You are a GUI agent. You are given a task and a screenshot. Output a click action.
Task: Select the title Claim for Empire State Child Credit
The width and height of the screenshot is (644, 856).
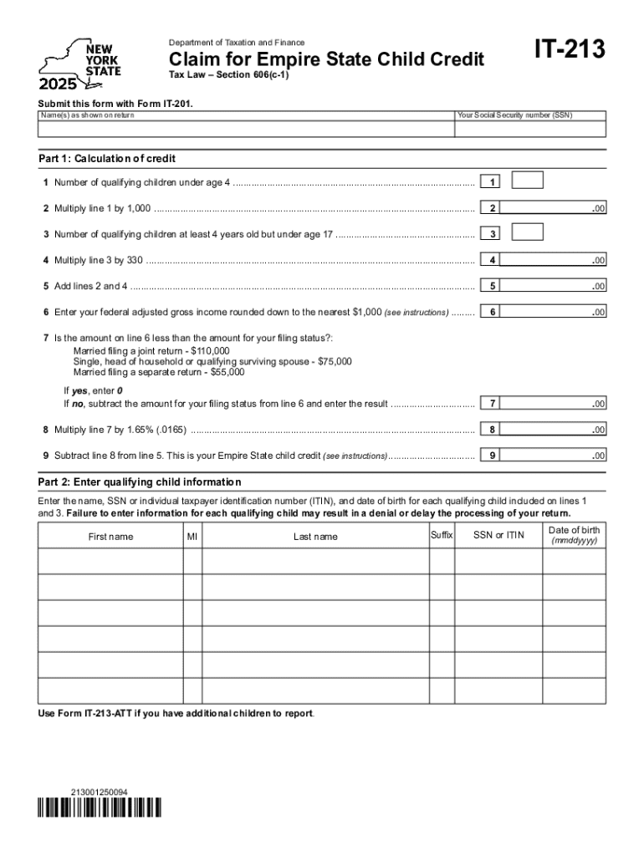tap(326, 59)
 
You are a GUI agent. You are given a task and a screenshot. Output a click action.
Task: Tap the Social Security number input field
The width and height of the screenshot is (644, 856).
tap(530, 130)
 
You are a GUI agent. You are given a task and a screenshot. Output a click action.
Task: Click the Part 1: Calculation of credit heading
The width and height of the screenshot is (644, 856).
tap(107, 159)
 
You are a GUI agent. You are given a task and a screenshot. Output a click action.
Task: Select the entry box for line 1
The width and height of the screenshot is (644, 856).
tap(527, 181)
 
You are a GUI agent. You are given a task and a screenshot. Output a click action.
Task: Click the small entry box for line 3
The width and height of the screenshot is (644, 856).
tap(527, 232)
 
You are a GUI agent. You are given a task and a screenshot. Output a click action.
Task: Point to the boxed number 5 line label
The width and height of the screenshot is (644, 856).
tap(493, 286)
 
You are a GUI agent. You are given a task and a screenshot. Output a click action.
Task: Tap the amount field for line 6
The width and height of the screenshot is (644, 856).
tap(556, 312)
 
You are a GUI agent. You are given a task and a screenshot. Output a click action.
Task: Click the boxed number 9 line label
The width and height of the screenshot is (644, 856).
tap(493, 456)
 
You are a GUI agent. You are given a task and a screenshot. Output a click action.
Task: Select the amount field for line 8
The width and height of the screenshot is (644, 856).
tap(556, 430)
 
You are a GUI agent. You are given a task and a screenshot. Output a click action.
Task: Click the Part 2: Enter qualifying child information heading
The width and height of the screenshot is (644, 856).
tap(140, 482)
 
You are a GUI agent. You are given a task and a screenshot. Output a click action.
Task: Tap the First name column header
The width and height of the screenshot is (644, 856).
tap(110, 537)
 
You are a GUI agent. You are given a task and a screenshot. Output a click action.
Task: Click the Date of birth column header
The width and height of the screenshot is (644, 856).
tap(574, 535)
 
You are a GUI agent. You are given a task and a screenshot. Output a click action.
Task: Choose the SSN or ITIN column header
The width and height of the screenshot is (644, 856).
tap(498, 535)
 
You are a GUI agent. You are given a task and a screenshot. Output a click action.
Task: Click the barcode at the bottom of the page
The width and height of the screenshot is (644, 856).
tap(100, 808)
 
